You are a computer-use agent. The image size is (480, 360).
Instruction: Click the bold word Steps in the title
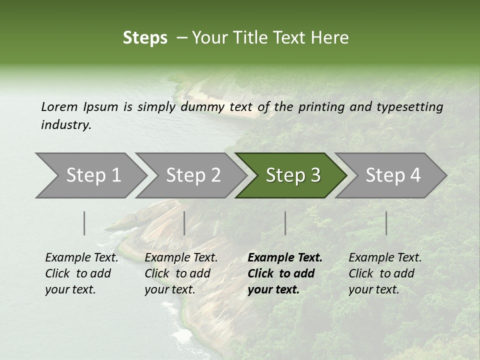tap(145, 38)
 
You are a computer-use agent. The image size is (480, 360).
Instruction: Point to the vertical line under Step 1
tap(84, 223)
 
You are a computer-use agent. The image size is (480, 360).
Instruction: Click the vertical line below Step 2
tap(184, 223)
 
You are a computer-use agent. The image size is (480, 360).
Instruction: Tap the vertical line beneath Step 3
tap(285, 223)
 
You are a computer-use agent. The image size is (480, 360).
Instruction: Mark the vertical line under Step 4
tap(386, 223)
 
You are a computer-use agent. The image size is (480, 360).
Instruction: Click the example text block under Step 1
tap(81, 273)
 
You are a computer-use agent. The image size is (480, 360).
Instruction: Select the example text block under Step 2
tap(180, 273)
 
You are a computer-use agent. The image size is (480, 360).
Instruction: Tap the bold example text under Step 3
tap(284, 273)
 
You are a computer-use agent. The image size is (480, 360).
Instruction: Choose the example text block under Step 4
tap(384, 273)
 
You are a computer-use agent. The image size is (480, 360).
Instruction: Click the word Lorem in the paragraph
tap(59, 107)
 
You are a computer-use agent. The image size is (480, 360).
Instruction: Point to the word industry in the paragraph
tap(66, 125)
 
